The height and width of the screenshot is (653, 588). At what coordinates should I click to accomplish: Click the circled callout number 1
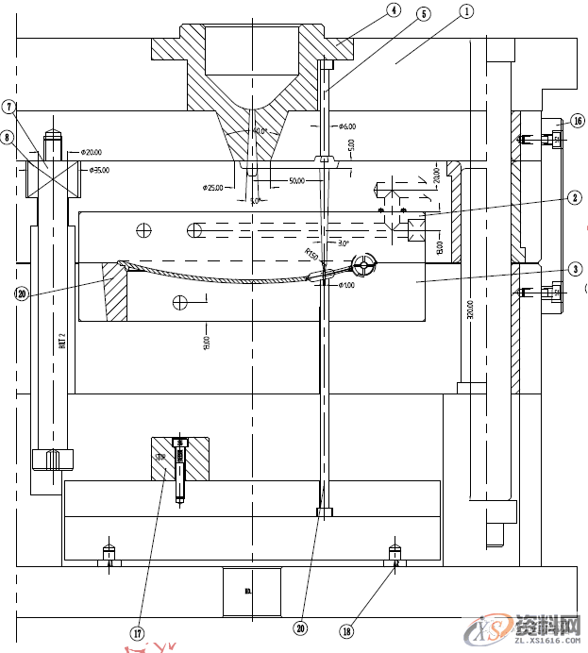465,11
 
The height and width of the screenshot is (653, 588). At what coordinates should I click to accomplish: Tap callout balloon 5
422,14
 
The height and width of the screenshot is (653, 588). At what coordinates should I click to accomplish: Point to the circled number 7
8,107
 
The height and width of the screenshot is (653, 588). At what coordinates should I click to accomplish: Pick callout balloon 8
8,138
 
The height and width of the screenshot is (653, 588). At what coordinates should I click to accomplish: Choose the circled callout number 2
574,198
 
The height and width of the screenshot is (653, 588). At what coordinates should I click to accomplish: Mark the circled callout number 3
574,268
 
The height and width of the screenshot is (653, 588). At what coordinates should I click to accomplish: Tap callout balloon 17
137,633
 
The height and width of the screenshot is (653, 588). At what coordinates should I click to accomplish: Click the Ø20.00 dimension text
92,151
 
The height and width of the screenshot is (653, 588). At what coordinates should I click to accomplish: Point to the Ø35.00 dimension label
98,171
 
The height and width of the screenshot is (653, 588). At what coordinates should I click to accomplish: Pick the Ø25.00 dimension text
212,188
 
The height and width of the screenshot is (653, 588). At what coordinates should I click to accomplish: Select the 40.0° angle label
260,131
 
